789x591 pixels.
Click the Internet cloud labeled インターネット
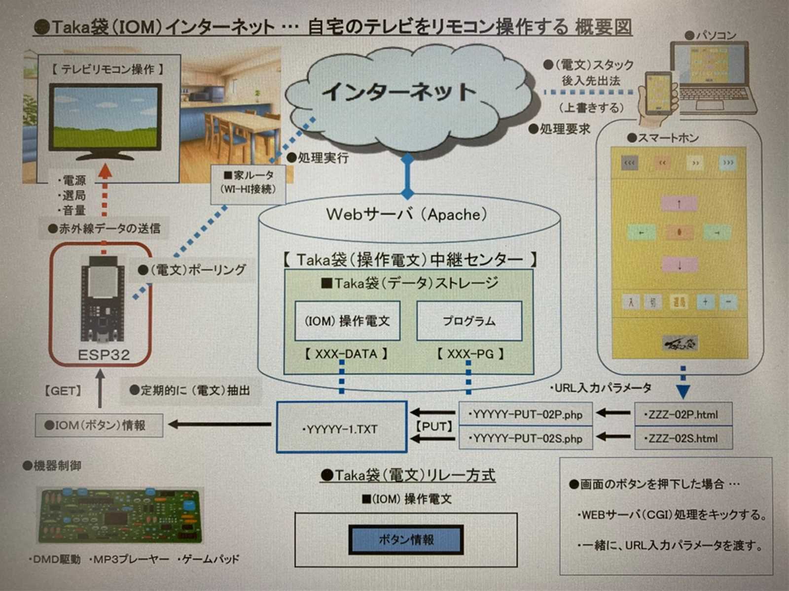coord(399,91)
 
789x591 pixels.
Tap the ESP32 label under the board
coord(104,355)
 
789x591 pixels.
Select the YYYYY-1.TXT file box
coord(341,427)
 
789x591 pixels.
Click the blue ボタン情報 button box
coord(406,540)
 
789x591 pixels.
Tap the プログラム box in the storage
coord(469,321)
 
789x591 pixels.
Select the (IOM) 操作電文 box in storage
coord(347,321)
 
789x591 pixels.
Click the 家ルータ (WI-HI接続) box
coord(248,183)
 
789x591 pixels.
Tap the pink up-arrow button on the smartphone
coord(679,203)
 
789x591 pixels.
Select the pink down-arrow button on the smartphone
coord(679,264)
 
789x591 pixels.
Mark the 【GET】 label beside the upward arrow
coord(63,391)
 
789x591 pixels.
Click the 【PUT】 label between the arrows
coord(434,427)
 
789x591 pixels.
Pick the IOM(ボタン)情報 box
coord(99,425)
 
